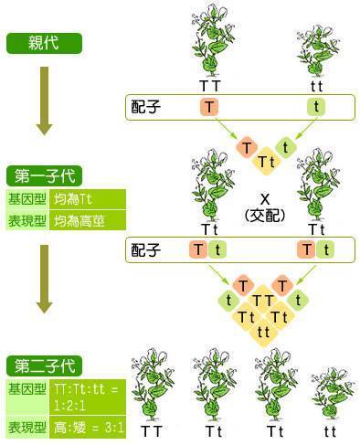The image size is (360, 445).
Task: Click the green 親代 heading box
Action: click(x=44, y=43)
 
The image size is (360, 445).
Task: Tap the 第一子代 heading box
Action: click(x=44, y=175)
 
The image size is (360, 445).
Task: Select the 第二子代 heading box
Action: click(x=44, y=366)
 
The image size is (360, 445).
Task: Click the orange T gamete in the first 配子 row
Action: click(x=210, y=107)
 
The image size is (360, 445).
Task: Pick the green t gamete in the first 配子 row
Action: click(x=317, y=107)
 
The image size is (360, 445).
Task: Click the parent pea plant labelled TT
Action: click(x=209, y=41)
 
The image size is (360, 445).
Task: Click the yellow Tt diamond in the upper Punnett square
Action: click(x=266, y=162)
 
